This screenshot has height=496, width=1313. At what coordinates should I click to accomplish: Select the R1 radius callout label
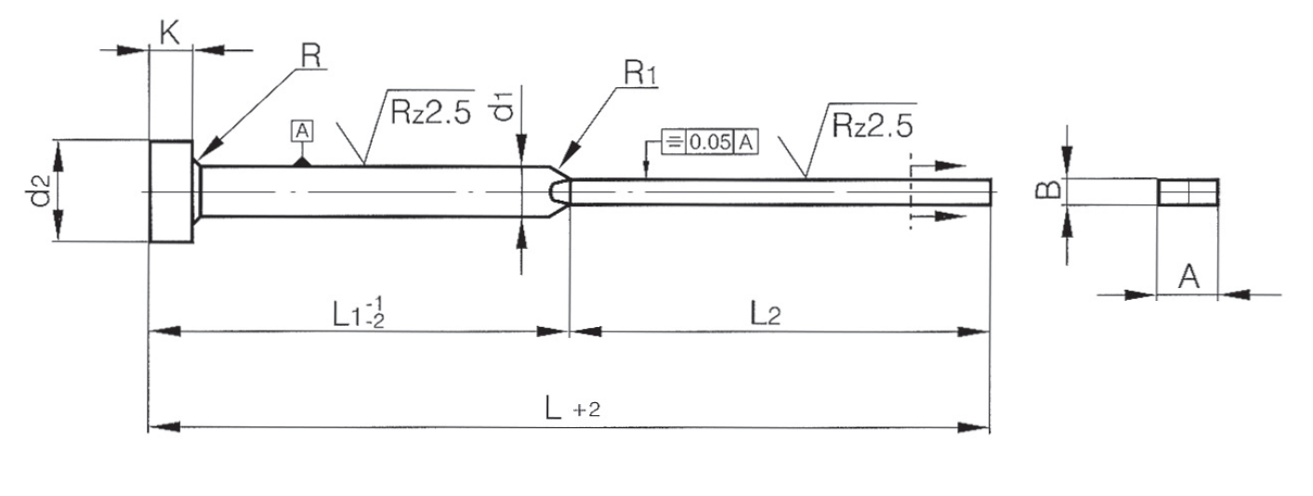point(639,75)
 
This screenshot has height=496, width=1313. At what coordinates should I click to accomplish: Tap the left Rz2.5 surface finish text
point(430,112)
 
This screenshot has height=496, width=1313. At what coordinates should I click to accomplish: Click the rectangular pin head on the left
point(171,191)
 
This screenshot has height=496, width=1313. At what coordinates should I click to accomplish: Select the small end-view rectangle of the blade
point(1188,191)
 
